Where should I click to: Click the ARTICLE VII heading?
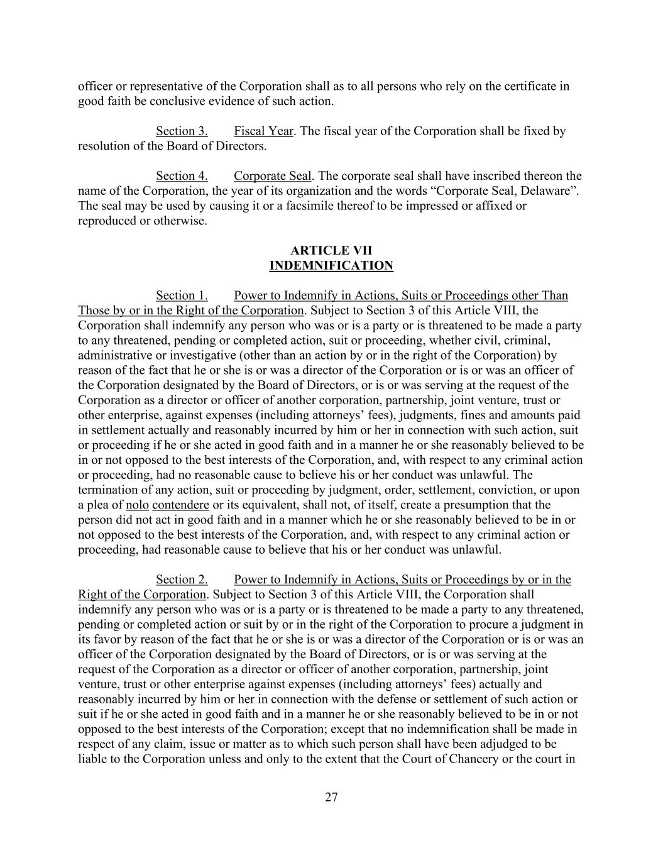[x=331, y=251]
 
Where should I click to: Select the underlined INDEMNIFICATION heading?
[x=331, y=266]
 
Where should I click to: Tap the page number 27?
[x=331, y=798]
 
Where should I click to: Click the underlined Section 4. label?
[x=182, y=176]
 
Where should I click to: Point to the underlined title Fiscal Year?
[x=263, y=131]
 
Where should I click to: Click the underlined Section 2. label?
[x=182, y=580]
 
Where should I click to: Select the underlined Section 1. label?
[x=182, y=295]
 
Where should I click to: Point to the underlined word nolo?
[x=137, y=505]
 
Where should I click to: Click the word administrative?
[x=114, y=356]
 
